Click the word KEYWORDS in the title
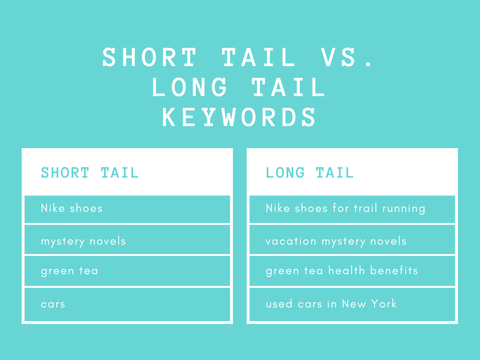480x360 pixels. point(239,117)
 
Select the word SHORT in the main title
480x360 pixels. point(150,57)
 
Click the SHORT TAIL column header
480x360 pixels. point(90,172)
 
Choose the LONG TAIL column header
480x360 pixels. point(310,172)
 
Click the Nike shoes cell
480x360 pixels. point(127,209)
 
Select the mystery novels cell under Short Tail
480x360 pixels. point(127,240)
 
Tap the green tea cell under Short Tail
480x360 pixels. point(127,271)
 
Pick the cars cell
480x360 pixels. point(127,304)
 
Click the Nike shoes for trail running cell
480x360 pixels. point(352,209)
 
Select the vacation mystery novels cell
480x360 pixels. point(352,240)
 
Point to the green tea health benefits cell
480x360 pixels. point(352,271)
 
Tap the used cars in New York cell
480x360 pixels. point(352,304)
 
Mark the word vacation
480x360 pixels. point(291,241)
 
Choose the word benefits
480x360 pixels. point(394,270)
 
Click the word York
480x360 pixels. point(384,304)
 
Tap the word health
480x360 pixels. point(346,270)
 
